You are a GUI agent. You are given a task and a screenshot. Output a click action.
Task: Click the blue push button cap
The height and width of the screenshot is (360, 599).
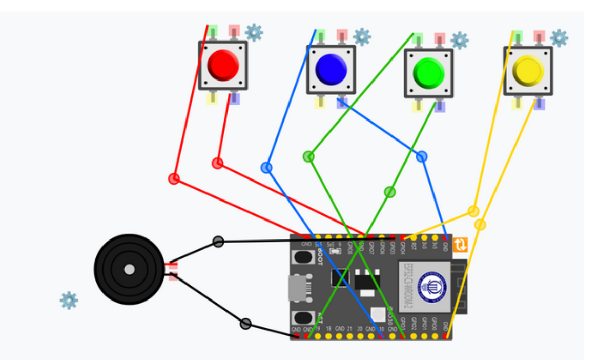pos(331,69)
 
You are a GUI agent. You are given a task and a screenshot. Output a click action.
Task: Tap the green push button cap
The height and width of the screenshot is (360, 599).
pos(428,72)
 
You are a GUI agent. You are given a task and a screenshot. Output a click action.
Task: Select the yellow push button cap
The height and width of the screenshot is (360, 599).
pos(528,71)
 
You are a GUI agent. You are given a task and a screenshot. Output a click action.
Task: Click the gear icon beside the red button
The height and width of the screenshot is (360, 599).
pos(254,33)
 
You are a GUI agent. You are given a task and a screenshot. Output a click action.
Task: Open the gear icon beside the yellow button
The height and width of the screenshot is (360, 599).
pos(559,37)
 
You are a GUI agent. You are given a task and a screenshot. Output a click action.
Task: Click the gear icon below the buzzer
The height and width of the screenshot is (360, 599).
pos(69,300)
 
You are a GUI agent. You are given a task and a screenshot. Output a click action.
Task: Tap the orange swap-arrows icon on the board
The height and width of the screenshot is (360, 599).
pos(460,245)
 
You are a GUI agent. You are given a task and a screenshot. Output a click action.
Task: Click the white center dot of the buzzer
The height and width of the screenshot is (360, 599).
pos(130,269)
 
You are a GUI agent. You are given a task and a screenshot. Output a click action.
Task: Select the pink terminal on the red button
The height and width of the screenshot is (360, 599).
pos(234,30)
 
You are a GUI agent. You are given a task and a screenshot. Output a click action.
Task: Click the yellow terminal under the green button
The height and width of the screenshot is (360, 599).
pos(418,106)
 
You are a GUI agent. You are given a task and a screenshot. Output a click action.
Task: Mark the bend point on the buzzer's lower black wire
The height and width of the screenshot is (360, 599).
pos(246,324)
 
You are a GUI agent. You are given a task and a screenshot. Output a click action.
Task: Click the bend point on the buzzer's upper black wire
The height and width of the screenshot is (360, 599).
pos(218,241)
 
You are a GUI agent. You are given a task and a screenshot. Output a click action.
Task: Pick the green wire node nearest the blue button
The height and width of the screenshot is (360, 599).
pos(308,156)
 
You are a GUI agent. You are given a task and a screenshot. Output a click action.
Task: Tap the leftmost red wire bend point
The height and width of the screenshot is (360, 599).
pos(174,178)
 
